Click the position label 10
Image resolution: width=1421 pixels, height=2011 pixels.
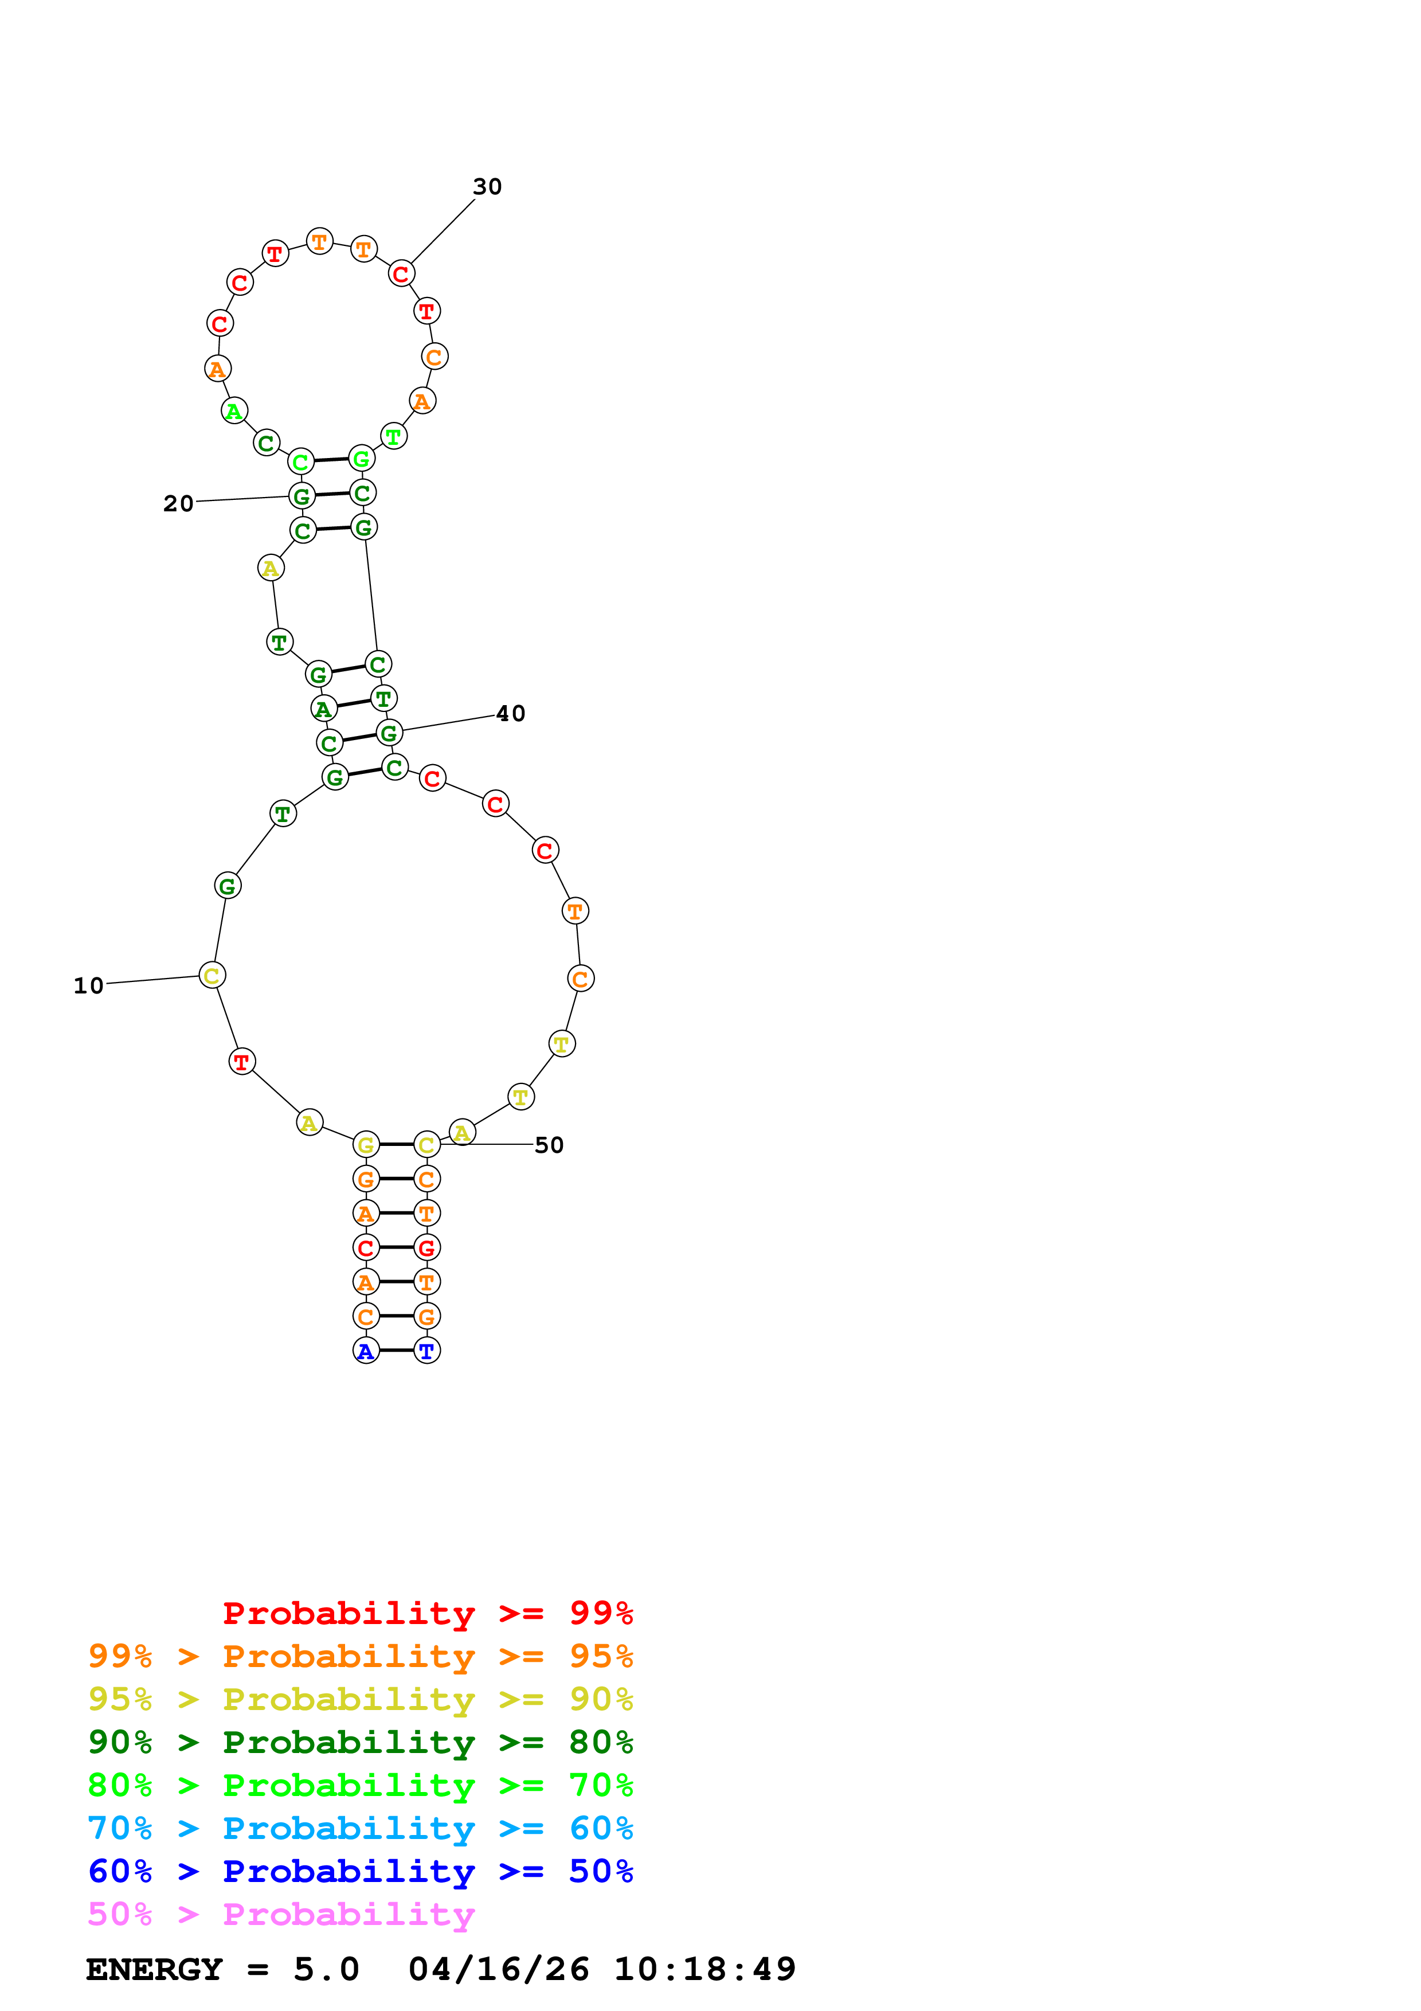(88, 986)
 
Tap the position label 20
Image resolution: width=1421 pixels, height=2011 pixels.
(179, 504)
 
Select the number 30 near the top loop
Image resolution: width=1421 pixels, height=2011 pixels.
(487, 186)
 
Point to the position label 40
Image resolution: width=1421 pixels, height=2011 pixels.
(510, 714)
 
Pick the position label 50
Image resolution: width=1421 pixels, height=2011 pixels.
(549, 1145)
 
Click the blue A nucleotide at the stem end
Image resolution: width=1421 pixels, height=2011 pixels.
(366, 1352)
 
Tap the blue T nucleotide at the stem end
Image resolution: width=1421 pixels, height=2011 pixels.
(426, 1352)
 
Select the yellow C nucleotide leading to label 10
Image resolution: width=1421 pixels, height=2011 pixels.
(212, 976)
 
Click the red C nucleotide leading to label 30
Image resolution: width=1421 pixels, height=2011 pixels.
(401, 274)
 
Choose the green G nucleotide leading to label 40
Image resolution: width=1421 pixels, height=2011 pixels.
(389, 733)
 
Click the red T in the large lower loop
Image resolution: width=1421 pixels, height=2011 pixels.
(242, 1062)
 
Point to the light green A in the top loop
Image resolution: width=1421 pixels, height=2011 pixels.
(234, 411)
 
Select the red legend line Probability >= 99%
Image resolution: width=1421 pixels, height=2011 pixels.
(427, 1613)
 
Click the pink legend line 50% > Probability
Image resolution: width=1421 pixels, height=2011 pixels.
(281, 1915)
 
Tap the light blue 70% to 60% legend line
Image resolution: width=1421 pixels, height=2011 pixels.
(360, 1829)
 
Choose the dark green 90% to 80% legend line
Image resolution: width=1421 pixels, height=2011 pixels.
(360, 1743)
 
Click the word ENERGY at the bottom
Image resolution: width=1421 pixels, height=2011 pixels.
(154, 1970)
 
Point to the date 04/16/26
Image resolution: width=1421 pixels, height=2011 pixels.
(498, 1970)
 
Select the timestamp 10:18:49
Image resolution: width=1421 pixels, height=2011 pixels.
(705, 1970)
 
